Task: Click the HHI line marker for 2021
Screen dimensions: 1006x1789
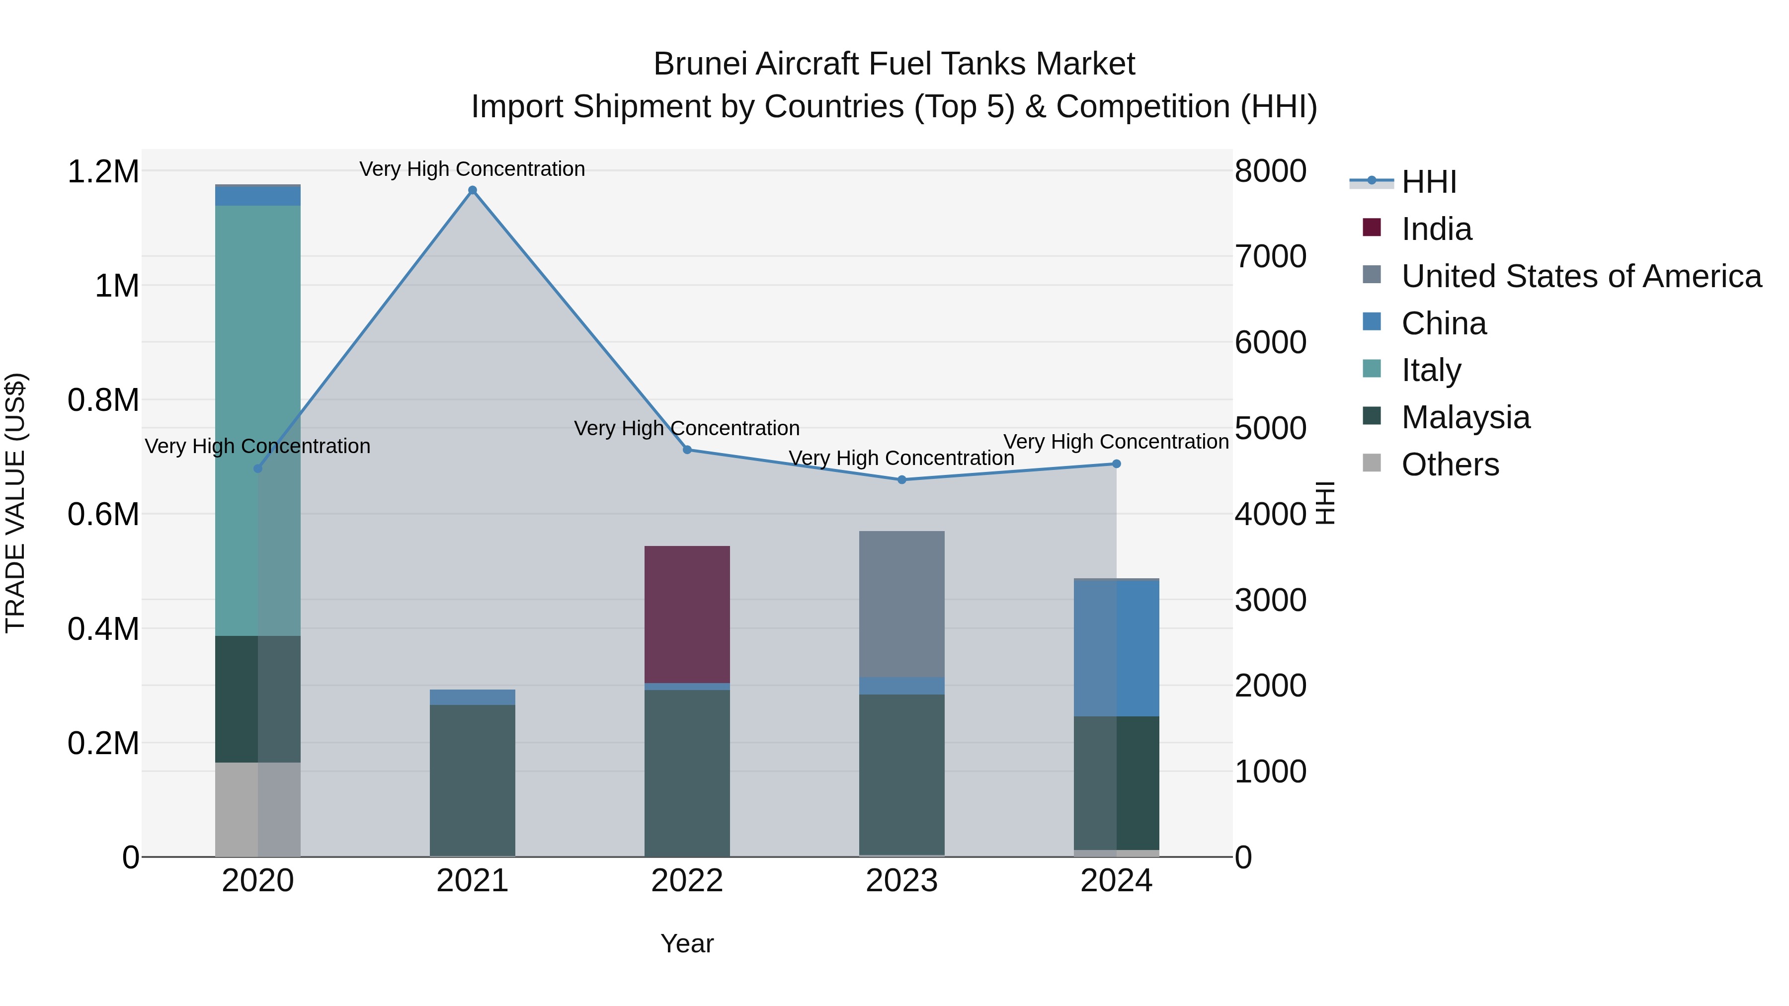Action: (x=472, y=190)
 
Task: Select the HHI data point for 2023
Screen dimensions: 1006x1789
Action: (x=901, y=480)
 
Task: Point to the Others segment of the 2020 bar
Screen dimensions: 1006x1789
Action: (x=257, y=809)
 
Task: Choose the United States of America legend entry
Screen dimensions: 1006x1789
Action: (x=1581, y=276)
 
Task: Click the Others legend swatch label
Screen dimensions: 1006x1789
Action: (x=1450, y=464)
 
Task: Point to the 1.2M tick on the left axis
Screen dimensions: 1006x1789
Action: (x=103, y=171)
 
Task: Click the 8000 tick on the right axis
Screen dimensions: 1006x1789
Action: (x=1270, y=171)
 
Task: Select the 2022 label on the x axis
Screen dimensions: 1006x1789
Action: (x=687, y=881)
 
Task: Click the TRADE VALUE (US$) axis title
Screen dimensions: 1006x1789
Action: (x=15, y=503)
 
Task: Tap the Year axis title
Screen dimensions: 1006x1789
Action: (x=687, y=943)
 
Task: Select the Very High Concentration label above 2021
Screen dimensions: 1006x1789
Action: (x=472, y=169)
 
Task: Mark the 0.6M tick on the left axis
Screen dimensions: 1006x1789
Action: (x=103, y=515)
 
